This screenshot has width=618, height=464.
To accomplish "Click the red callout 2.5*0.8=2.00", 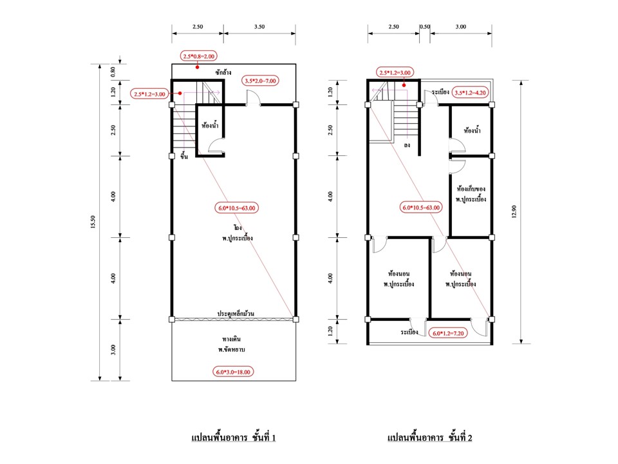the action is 199,56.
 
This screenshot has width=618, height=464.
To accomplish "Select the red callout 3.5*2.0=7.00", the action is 260,81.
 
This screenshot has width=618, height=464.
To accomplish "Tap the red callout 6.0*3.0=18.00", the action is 233,372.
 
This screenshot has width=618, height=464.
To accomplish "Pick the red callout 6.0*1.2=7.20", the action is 449,333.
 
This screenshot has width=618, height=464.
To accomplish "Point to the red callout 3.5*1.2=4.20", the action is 471,93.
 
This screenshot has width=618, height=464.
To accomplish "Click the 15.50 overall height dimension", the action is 93,222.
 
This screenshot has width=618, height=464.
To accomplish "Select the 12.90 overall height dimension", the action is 514,211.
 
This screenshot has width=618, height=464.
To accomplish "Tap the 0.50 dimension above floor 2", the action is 425,26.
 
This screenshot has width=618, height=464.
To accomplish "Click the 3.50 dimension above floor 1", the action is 259,26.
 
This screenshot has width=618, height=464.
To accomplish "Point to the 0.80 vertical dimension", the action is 113,72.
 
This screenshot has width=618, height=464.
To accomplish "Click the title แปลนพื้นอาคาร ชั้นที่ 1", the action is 233,437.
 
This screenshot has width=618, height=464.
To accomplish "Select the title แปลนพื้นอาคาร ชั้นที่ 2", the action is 429,437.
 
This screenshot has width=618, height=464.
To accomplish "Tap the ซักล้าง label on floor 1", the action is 223,72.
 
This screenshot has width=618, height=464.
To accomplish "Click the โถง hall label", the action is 238,227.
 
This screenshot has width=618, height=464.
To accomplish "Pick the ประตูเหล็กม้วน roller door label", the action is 236,313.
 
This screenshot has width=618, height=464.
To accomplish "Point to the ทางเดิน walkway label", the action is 231,339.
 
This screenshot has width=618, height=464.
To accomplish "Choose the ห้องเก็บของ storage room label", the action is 471,189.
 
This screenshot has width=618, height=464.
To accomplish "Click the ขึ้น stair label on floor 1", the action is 184,156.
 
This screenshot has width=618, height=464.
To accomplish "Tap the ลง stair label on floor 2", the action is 407,145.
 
